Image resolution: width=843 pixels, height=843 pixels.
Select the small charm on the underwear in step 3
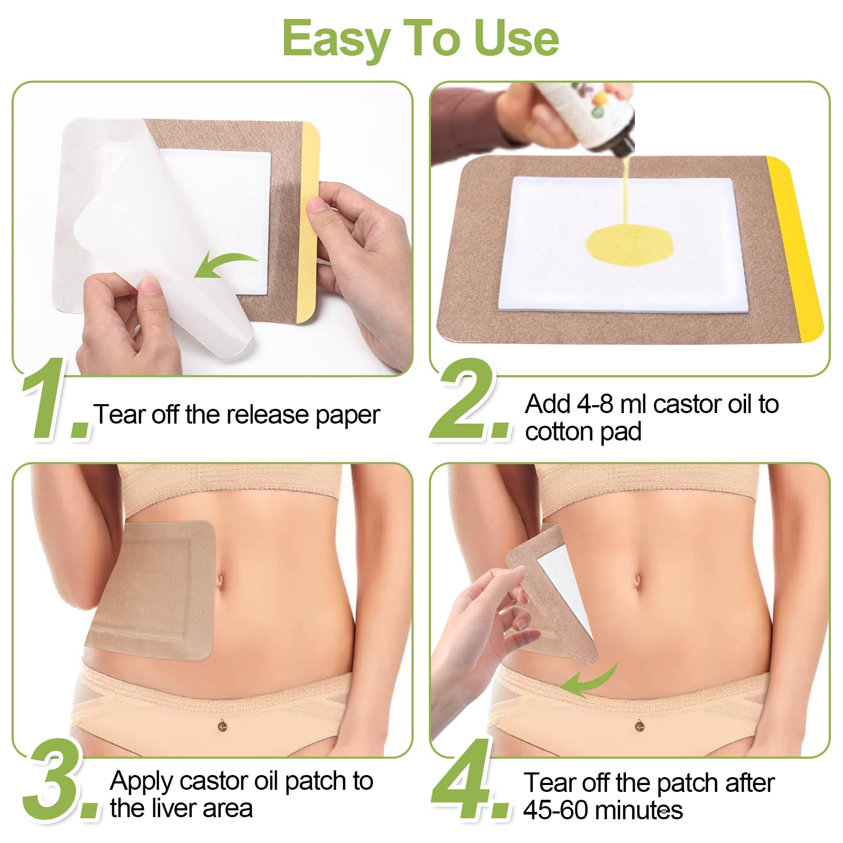tap(223, 726)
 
